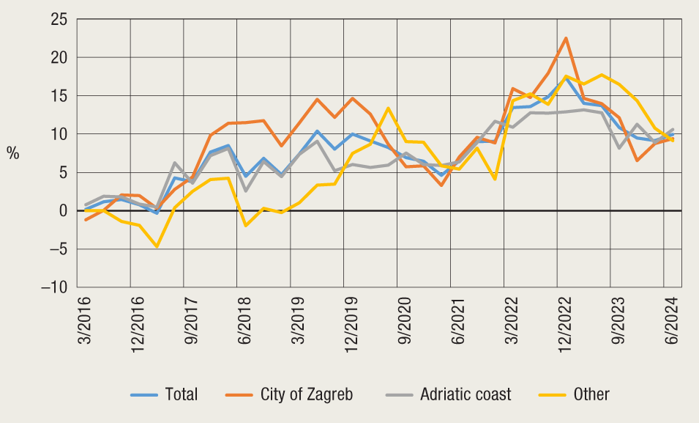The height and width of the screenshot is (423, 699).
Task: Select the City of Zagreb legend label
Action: click(306, 394)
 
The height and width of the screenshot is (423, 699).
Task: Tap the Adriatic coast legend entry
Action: click(466, 394)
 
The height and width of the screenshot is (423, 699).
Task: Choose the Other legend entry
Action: click(591, 394)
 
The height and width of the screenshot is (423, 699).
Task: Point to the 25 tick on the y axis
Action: click(57, 20)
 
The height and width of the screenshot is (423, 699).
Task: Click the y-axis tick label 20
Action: click(57, 58)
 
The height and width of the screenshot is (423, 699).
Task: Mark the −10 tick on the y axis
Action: click(52, 287)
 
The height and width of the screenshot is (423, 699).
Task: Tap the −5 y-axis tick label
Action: click(56, 249)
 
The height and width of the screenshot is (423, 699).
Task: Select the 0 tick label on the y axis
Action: click(61, 211)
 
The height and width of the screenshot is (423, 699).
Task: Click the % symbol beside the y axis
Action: click(13, 153)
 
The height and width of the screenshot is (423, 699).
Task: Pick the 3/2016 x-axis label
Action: click(83, 320)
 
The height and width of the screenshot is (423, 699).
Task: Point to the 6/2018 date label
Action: click(243, 320)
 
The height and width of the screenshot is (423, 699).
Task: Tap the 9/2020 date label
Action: click(403, 320)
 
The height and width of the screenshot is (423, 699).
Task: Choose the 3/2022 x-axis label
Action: click(510, 320)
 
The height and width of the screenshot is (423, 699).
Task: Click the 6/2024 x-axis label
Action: click(670, 320)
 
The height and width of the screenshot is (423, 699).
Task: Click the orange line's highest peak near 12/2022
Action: click(565, 38)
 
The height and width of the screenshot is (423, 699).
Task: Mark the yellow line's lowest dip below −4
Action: click(157, 246)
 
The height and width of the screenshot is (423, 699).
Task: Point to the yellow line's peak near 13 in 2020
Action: click(388, 108)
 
